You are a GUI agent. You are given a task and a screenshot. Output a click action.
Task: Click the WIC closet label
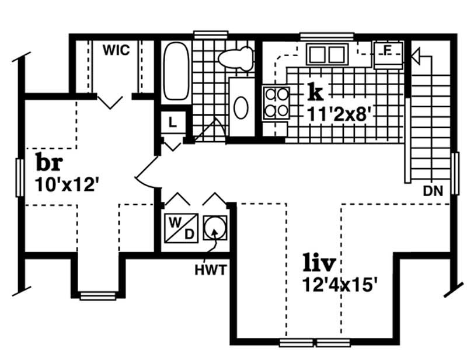[x=116, y=50]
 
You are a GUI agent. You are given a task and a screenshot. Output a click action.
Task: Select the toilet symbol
[x=236, y=58]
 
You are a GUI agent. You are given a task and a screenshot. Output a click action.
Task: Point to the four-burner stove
[x=276, y=103]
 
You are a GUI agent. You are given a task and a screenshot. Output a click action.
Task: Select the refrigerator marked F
[x=388, y=54]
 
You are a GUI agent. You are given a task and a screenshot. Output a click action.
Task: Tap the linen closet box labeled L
[x=173, y=123]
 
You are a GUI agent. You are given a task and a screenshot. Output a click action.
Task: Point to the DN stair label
[x=433, y=190]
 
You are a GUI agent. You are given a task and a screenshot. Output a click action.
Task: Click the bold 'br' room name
[x=50, y=161]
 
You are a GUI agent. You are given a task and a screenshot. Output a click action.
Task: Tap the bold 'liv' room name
[x=319, y=263]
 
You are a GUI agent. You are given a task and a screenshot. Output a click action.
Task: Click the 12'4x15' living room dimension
[x=341, y=286]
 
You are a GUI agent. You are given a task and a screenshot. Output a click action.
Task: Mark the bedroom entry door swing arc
[x=146, y=175]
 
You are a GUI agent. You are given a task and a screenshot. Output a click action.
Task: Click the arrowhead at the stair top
[x=415, y=57]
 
